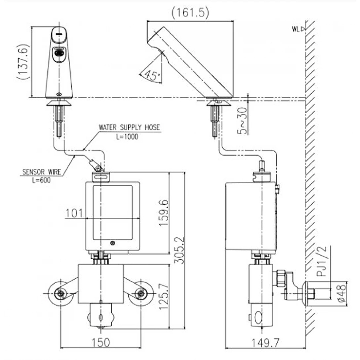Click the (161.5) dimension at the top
tap(190, 13)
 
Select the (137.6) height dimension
tap(24, 62)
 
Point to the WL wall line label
tap(296, 29)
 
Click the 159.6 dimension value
tap(163, 213)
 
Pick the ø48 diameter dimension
tap(338, 294)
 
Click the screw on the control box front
tap(113, 242)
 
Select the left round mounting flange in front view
tap(60, 294)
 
